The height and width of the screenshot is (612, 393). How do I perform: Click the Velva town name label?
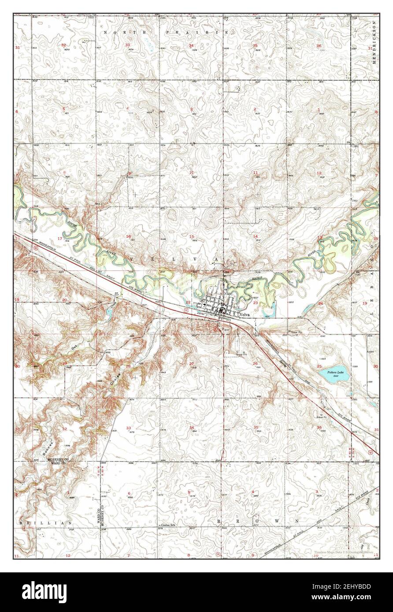246,315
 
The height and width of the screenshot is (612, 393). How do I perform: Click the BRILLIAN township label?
45,522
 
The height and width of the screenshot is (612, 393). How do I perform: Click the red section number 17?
60,238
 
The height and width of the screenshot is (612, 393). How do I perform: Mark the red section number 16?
128,236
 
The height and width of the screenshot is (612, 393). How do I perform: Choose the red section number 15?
191,236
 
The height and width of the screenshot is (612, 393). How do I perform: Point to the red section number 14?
255,236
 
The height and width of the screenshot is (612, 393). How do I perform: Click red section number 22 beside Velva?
188,302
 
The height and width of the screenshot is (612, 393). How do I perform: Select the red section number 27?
191,363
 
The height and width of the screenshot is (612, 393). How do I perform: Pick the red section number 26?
255,363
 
